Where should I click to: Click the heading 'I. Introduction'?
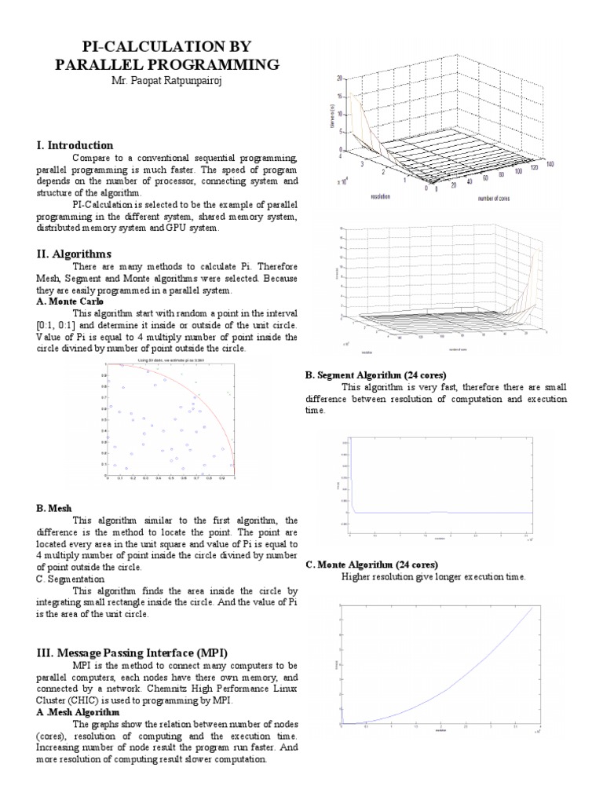(75, 145)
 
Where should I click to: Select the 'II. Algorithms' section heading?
(74, 254)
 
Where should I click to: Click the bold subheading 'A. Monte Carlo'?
(70, 301)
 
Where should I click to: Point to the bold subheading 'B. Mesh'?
(53, 509)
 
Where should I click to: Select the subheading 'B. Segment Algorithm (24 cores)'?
(380, 375)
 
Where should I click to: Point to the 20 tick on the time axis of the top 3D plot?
(338, 79)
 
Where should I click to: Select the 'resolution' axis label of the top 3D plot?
(381, 197)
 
